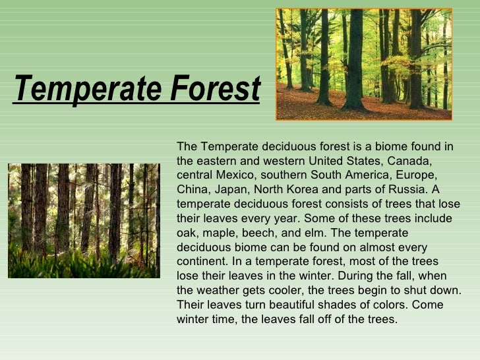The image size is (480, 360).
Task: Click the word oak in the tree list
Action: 187,233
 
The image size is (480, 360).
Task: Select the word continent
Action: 201,262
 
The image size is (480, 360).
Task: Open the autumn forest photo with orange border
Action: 364,64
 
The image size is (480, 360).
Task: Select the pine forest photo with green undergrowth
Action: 84,220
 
